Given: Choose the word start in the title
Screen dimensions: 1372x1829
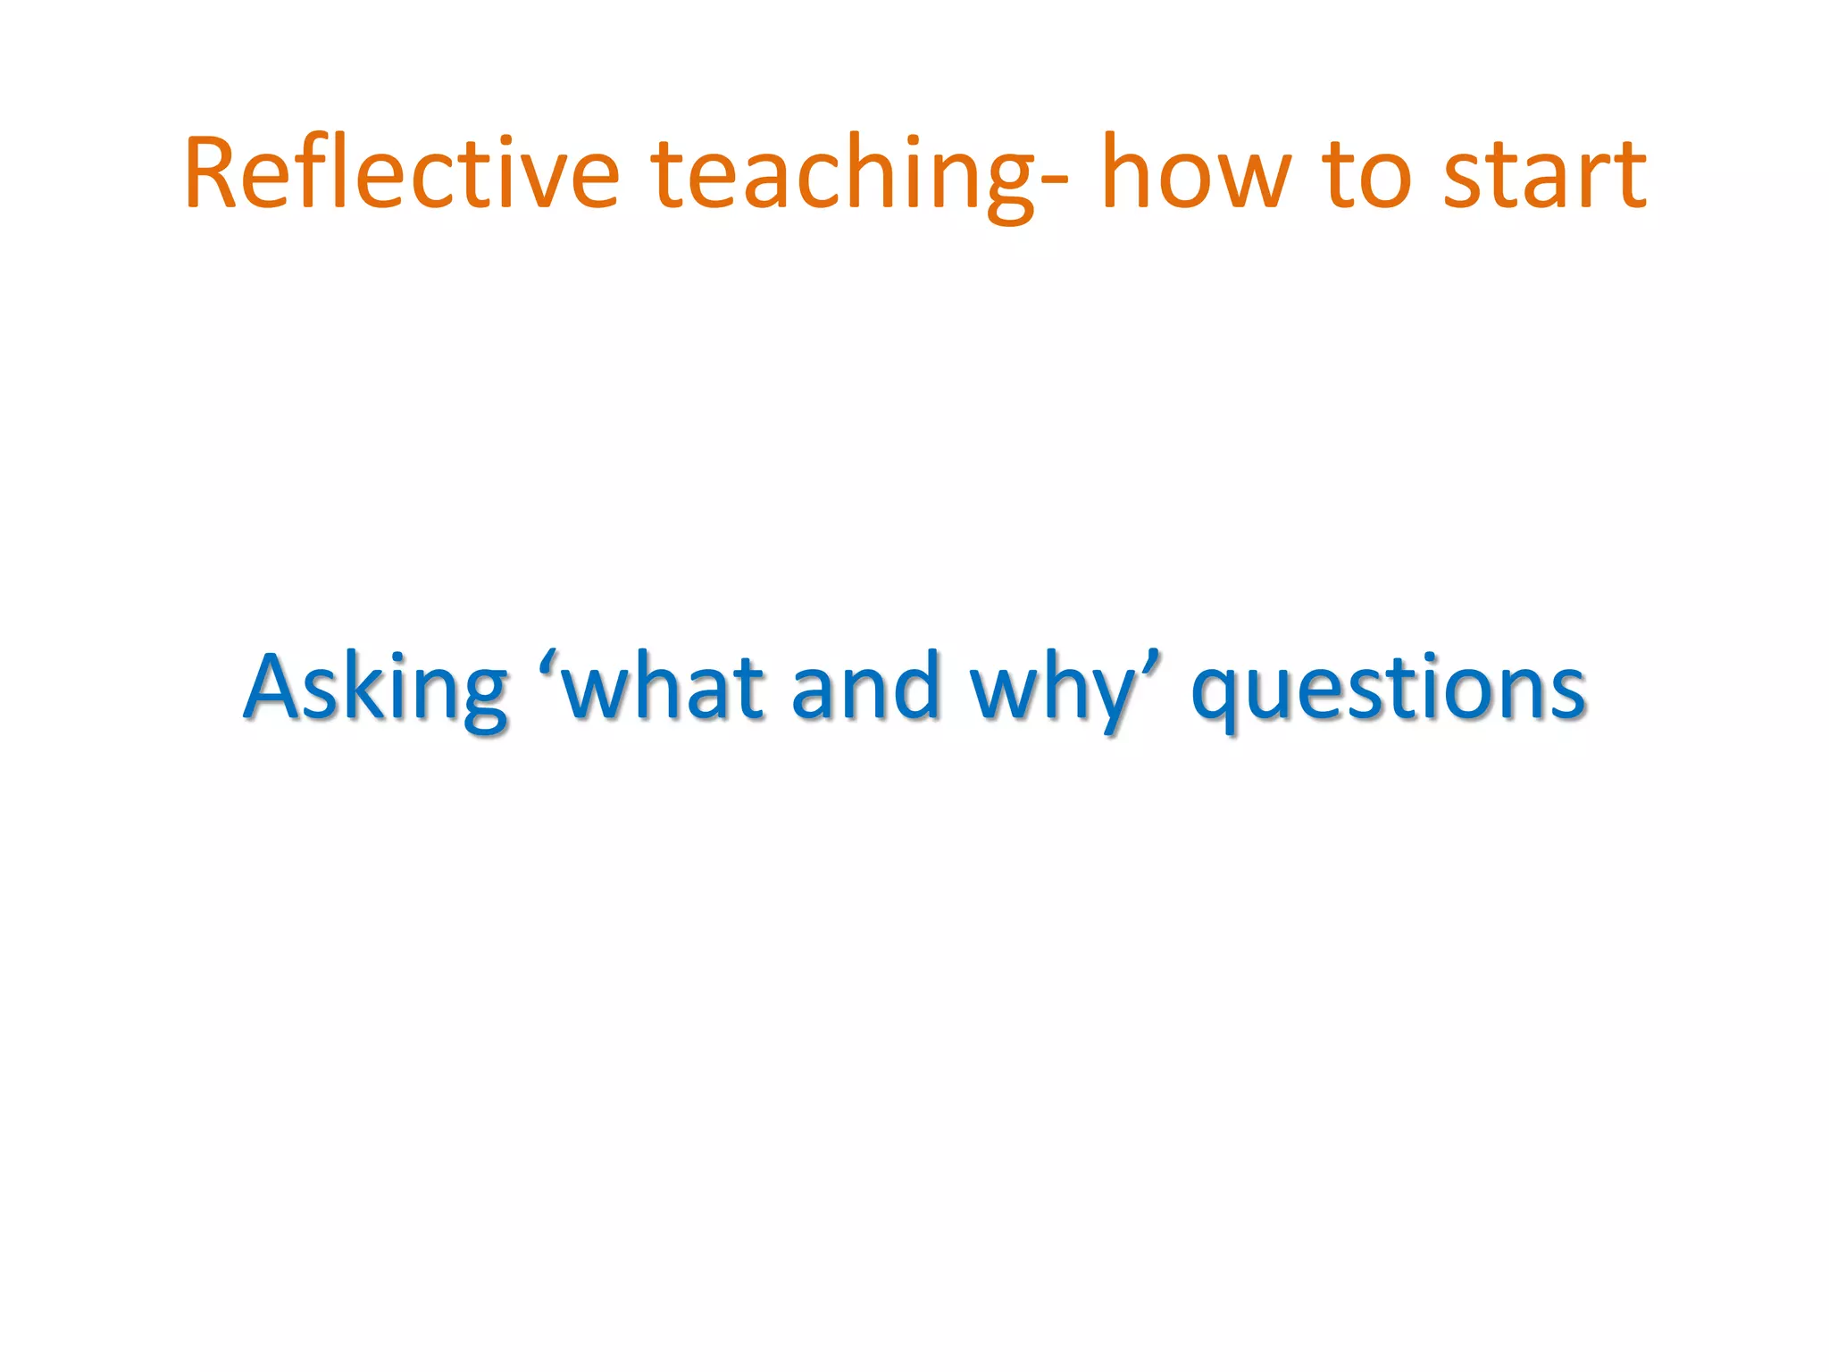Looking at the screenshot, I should (x=1544, y=175).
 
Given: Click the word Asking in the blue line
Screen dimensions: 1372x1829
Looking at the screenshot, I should (x=376, y=689).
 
